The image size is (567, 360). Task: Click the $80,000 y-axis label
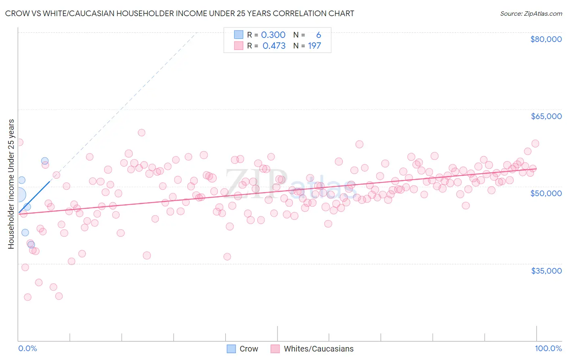[x=546, y=39]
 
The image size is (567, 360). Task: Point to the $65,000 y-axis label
[x=546, y=116]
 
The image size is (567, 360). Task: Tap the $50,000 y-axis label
[x=546, y=193]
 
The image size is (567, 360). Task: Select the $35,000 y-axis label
[x=546, y=271]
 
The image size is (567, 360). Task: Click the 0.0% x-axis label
[x=27, y=348]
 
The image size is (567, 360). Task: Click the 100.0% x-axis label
[x=548, y=348]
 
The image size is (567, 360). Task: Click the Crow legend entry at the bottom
[x=242, y=349]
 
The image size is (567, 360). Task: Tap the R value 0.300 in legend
[x=273, y=35]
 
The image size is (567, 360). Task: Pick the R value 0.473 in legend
[x=274, y=46]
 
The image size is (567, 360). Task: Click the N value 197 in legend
[x=314, y=46]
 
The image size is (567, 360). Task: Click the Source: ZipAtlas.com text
[x=531, y=14]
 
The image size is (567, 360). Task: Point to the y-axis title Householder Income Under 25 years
[x=11, y=184]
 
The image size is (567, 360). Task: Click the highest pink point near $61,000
[x=141, y=132]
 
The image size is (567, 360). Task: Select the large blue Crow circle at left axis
[x=19, y=195]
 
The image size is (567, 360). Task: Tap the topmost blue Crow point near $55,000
[x=45, y=161]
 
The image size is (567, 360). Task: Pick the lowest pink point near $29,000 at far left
[x=27, y=297]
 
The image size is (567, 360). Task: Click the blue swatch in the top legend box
[x=239, y=35]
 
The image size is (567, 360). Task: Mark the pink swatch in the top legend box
[x=239, y=46]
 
